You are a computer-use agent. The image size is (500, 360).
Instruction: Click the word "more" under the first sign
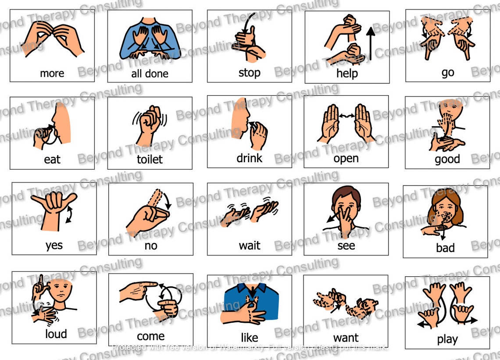pyautogui.click(x=52, y=73)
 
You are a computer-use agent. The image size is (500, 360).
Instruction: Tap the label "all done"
pyautogui.click(x=150, y=73)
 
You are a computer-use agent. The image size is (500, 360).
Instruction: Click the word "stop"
pyautogui.click(x=249, y=72)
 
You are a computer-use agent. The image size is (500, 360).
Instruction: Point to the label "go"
pyautogui.click(x=447, y=72)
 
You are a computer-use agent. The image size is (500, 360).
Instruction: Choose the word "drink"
pyautogui.click(x=249, y=158)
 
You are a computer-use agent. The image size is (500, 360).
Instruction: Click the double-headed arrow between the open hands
pyautogui.click(x=346, y=116)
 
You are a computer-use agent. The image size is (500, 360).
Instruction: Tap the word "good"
pyautogui.click(x=447, y=159)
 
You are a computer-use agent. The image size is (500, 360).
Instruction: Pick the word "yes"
pyautogui.click(x=54, y=245)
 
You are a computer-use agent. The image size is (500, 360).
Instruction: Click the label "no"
pyautogui.click(x=150, y=246)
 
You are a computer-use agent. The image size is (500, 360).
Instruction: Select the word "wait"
pyautogui.click(x=249, y=245)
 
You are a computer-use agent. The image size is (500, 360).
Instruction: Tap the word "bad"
pyautogui.click(x=445, y=248)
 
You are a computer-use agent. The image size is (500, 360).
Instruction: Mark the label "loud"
pyautogui.click(x=56, y=334)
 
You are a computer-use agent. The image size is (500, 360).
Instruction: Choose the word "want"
pyautogui.click(x=346, y=338)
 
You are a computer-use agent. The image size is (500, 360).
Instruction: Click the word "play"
pyautogui.click(x=447, y=339)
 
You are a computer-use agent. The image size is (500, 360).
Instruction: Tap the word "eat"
pyautogui.click(x=52, y=159)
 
